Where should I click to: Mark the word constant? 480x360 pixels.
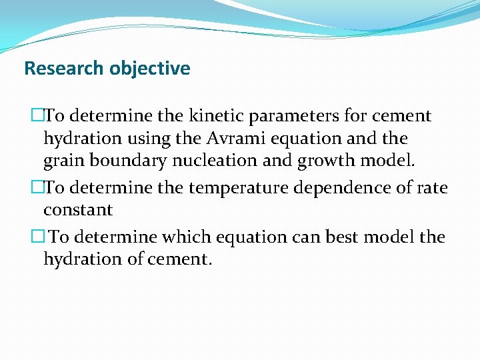[78, 210]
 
